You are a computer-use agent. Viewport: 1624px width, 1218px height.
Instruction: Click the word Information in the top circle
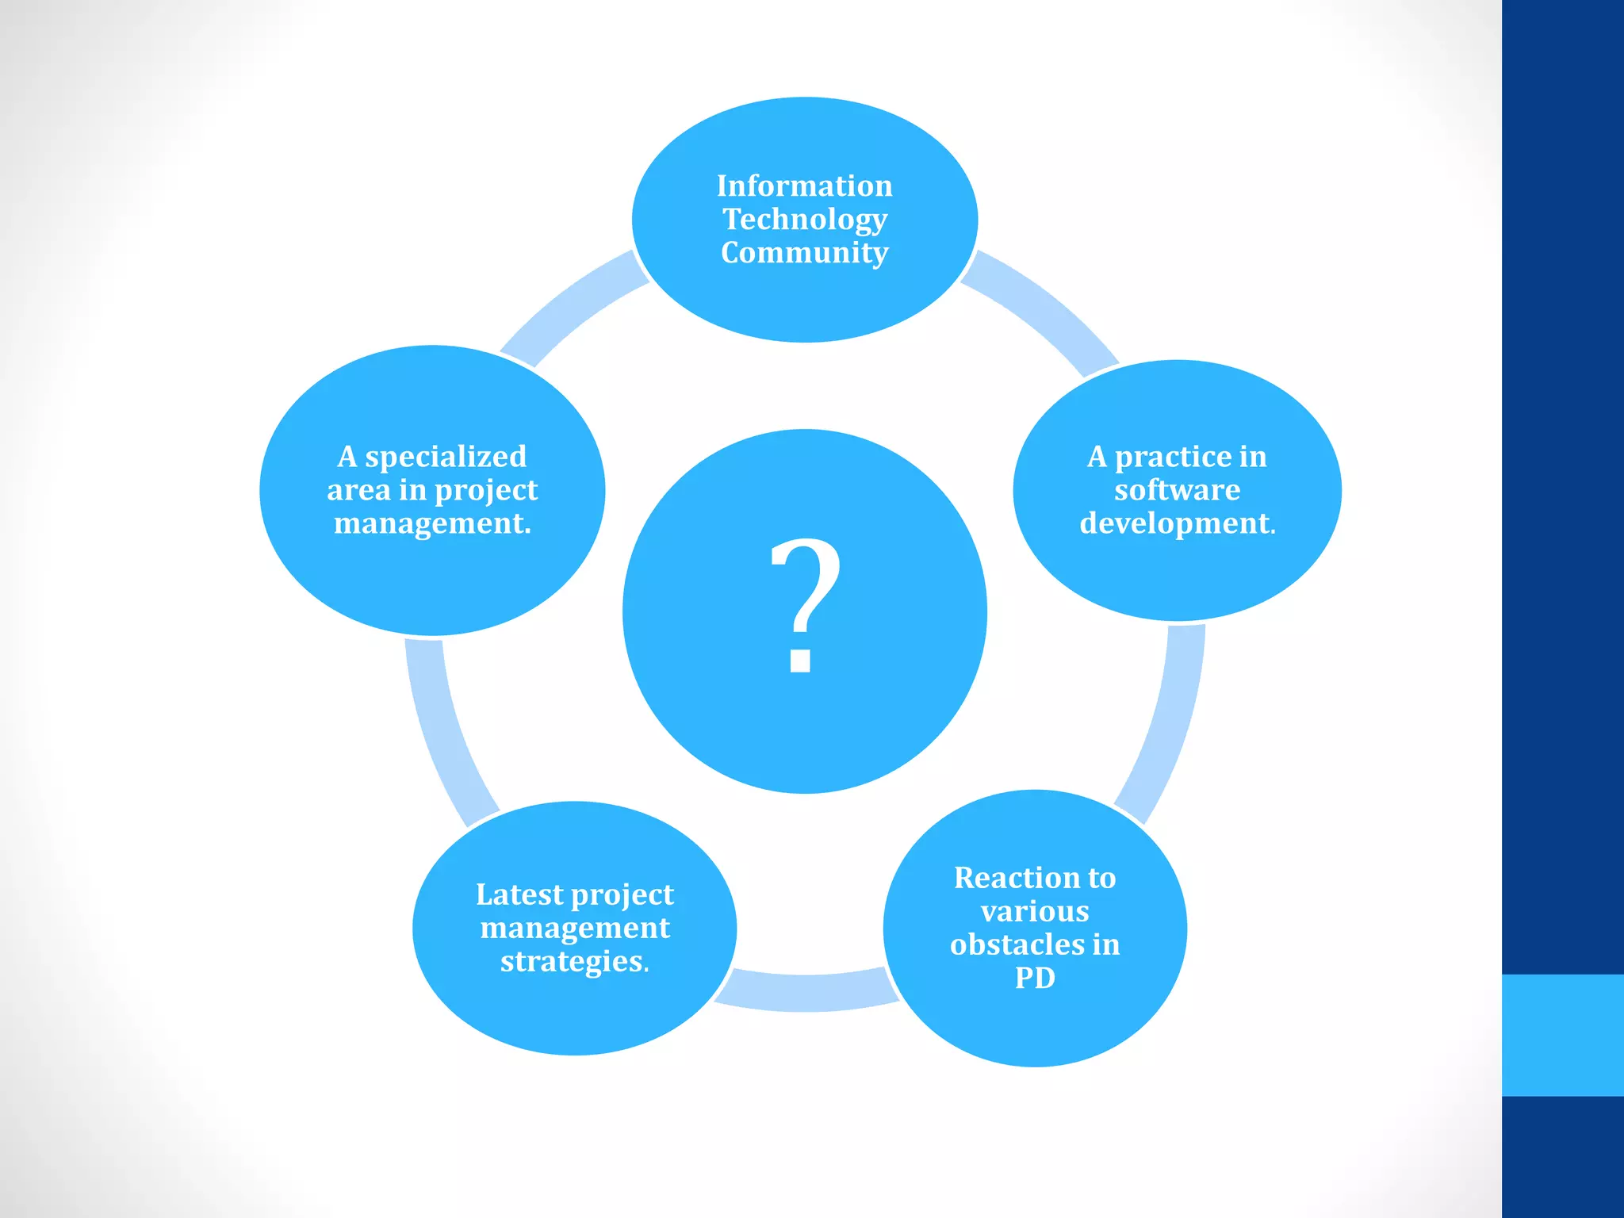coord(804,186)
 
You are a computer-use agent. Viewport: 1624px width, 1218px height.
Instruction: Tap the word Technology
coord(804,220)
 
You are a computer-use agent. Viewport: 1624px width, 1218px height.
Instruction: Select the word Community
coord(804,253)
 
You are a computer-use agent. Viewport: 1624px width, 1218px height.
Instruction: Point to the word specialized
coord(446,458)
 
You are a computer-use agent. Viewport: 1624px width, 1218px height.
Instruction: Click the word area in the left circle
coord(358,491)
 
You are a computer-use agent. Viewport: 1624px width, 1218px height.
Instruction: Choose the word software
coord(1177,490)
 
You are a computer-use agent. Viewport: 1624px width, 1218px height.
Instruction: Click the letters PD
coord(1035,978)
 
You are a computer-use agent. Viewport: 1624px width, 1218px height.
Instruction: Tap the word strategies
coord(573,961)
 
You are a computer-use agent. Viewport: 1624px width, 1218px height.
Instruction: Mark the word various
coord(1035,911)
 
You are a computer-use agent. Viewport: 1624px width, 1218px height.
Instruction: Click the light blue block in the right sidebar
coord(1562,1035)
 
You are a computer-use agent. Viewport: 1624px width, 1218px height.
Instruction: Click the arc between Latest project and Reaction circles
coord(805,992)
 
